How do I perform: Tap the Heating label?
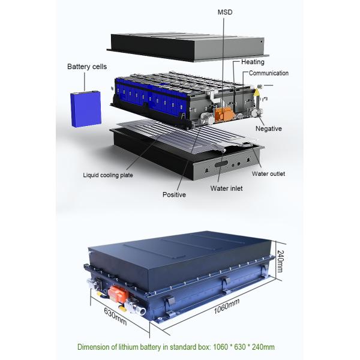point(253,62)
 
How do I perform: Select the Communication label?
point(269,73)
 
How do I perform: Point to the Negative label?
point(268,128)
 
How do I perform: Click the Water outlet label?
point(268,174)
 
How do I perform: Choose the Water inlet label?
point(226,188)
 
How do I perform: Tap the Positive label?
point(174,195)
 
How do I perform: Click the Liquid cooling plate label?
point(107,175)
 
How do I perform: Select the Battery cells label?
point(87,67)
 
